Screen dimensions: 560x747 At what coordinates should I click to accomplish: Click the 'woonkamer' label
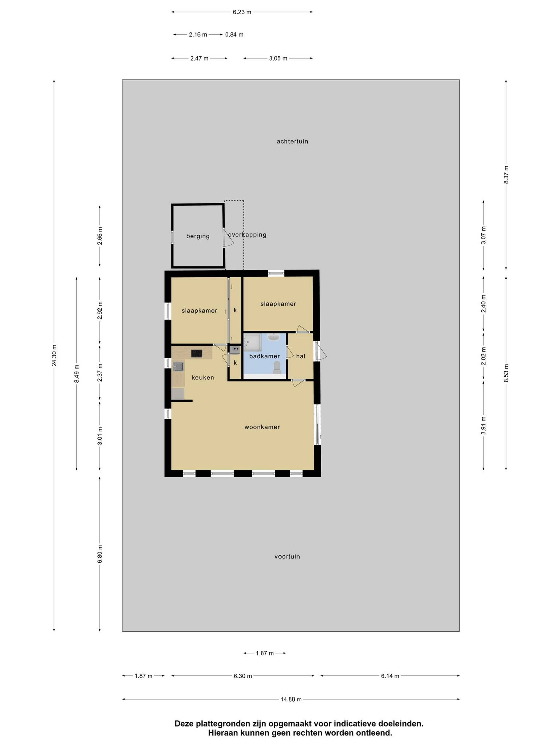coord(262,427)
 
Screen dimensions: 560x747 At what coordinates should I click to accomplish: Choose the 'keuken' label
coord(203,378)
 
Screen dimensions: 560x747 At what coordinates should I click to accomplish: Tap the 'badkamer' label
coord(264,356)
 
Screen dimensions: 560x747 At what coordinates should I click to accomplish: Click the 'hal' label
coord(300,356)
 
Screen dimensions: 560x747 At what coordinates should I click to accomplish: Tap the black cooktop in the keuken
coord(197,353)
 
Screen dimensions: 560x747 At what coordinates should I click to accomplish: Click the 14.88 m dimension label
coord(291,699)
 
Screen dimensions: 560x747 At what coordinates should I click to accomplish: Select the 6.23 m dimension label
coord(242,12)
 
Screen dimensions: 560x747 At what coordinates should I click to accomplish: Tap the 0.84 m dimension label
coord(234,34)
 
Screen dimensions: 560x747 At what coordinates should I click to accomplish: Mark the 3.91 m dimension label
coord(483,425)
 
